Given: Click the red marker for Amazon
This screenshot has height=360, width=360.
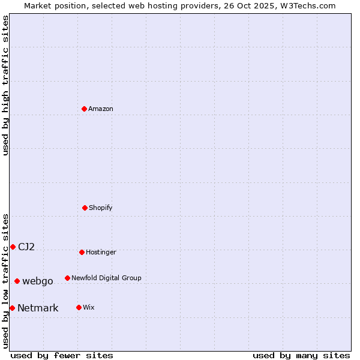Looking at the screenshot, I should tap(85, 109).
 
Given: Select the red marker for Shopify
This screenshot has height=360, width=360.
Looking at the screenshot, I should tap(85, 208).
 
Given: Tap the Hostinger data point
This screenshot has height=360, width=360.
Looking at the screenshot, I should tap(82, 252).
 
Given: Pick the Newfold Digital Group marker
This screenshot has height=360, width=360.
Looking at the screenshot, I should tap(67, 278).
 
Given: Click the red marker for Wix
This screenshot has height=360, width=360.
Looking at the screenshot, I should tap(79, 307).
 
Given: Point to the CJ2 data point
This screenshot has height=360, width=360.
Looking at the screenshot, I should tap(13, 247).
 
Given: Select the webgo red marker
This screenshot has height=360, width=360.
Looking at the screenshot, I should tap(17, 281).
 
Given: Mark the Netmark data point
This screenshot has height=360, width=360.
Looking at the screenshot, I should tap(12, 308).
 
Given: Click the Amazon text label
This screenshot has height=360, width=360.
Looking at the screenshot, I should tap(101, 109).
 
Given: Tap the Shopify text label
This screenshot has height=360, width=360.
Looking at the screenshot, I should tap(101, 208).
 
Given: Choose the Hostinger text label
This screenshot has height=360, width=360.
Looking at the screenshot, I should tap(101, 252).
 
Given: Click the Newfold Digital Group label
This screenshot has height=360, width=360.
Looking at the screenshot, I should tap(106, 278).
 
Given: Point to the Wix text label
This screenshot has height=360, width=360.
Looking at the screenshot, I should tap(89, 307).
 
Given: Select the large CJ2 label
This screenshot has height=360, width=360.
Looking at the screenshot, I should tap(26, 247).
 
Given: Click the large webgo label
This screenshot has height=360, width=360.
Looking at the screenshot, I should tap(38, 281).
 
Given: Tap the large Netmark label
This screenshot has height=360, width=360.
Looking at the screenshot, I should tap(38, 308).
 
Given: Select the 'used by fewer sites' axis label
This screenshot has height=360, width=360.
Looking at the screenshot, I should tap(62, 355).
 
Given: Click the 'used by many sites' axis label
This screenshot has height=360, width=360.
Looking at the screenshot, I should tap(301, 355).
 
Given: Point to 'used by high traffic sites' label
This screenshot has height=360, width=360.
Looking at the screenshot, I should tap(5, 85).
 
